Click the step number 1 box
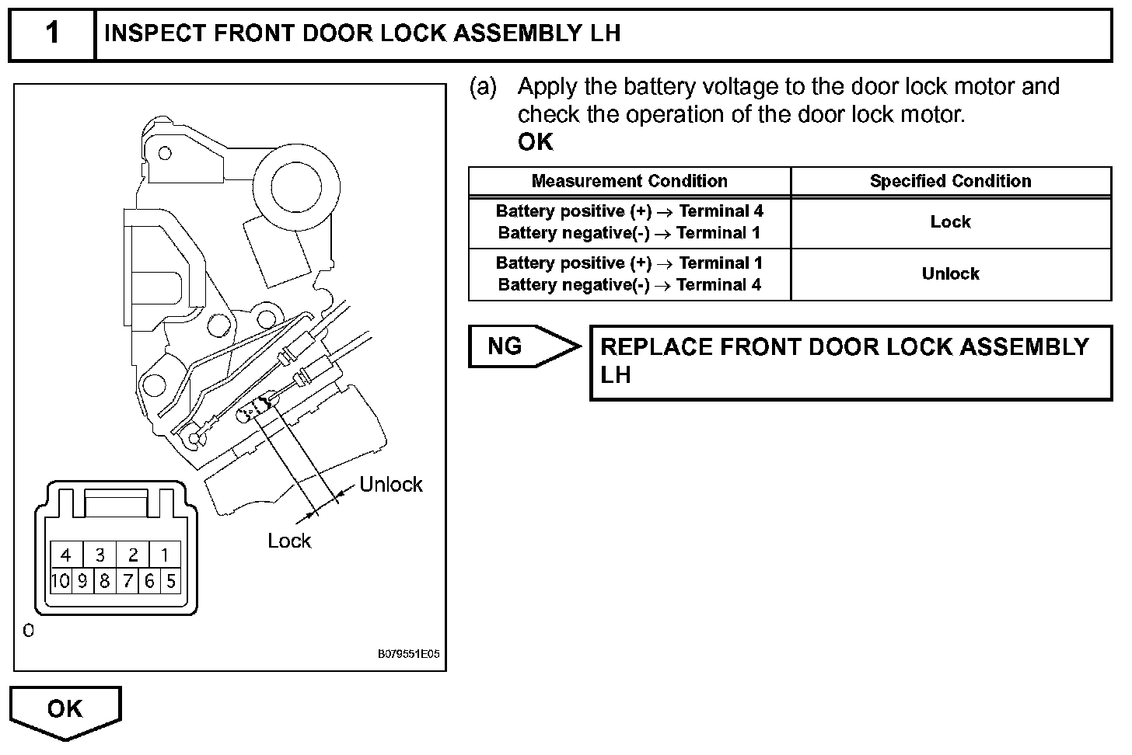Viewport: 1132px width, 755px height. (52, 34)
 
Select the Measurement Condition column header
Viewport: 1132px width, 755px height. (629, 181)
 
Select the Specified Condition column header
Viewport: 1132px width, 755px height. (950, 181)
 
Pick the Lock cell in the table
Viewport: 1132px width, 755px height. (950, 222)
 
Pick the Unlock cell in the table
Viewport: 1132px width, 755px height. (950, 273)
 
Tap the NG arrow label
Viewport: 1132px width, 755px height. (505, 346)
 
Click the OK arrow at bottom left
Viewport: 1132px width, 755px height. (65, 708)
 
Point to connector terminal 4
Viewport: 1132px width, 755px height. (65, 555)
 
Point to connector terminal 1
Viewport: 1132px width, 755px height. (165, 555)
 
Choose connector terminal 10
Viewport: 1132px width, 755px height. (61, 580)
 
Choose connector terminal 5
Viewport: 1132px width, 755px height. (171, 580)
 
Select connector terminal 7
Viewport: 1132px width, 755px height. (127, 580)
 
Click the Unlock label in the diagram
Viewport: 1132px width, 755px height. (390, 485)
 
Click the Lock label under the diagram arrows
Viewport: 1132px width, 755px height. (289, 541)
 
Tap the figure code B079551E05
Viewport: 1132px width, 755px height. (408, 654)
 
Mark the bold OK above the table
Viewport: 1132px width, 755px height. (535, 142)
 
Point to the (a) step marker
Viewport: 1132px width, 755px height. (482, 86)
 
